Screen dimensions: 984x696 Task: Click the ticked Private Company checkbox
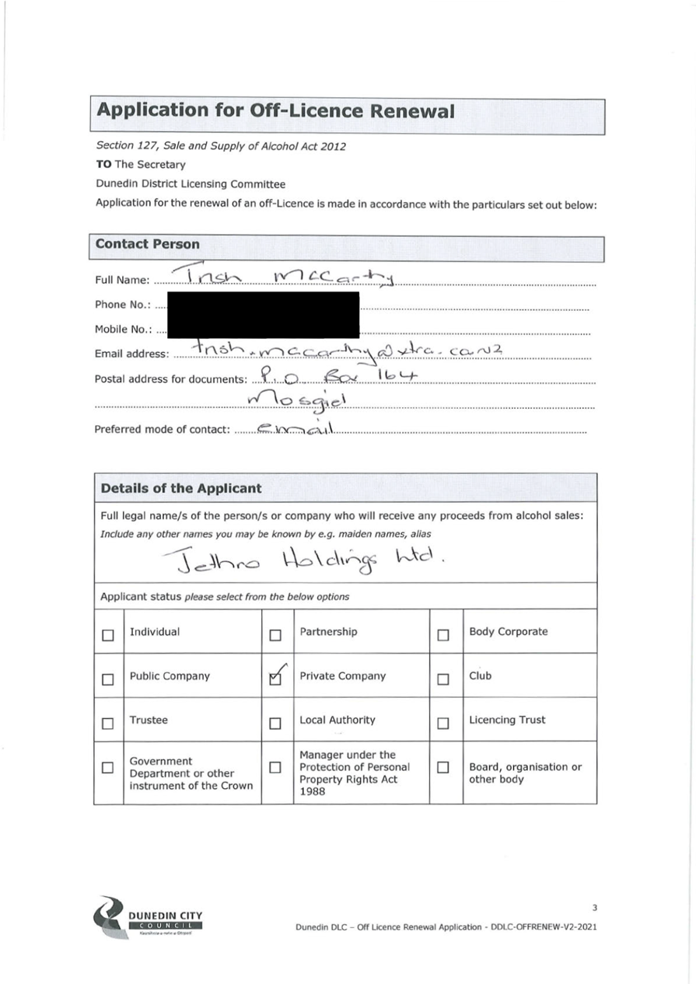pyautogui.click(x=275, y=679)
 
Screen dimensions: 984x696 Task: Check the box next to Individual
pyautogui.click(x=108, y=635)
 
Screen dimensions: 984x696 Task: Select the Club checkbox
pyautogui.click(x=443, y=679)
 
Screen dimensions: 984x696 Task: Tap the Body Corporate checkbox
pyautogui.click(x=443, y=635)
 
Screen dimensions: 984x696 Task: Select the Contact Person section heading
pyautogui.click(x=148, y=244)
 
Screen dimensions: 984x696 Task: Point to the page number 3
pyautogui.click(x=594, y=907)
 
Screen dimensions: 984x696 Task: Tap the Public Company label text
pyautogui.click(x=170, y=676)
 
